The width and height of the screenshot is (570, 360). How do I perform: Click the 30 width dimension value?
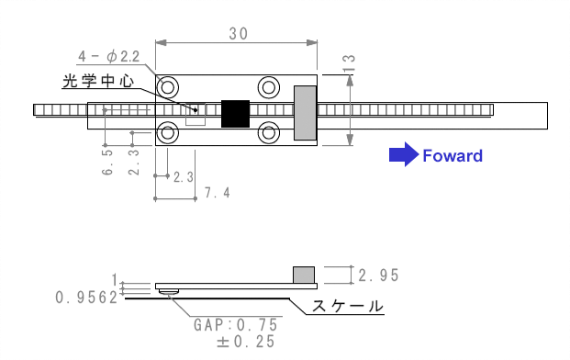pos(239,34)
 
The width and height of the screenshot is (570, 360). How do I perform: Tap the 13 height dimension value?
pos(349,63)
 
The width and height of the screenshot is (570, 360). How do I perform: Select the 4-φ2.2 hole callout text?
pos(109,56)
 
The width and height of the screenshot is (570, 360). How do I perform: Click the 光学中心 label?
pos(98,81)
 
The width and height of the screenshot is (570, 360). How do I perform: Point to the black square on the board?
pos(236,114)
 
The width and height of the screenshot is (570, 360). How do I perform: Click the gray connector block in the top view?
pos(305,113)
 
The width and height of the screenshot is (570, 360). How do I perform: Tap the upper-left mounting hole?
pos(168,87)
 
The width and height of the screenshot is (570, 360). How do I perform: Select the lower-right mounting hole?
pos(269,133)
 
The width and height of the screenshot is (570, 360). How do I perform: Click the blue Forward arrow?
pos(404,154)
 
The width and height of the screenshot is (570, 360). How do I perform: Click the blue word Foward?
pos(453,155)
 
